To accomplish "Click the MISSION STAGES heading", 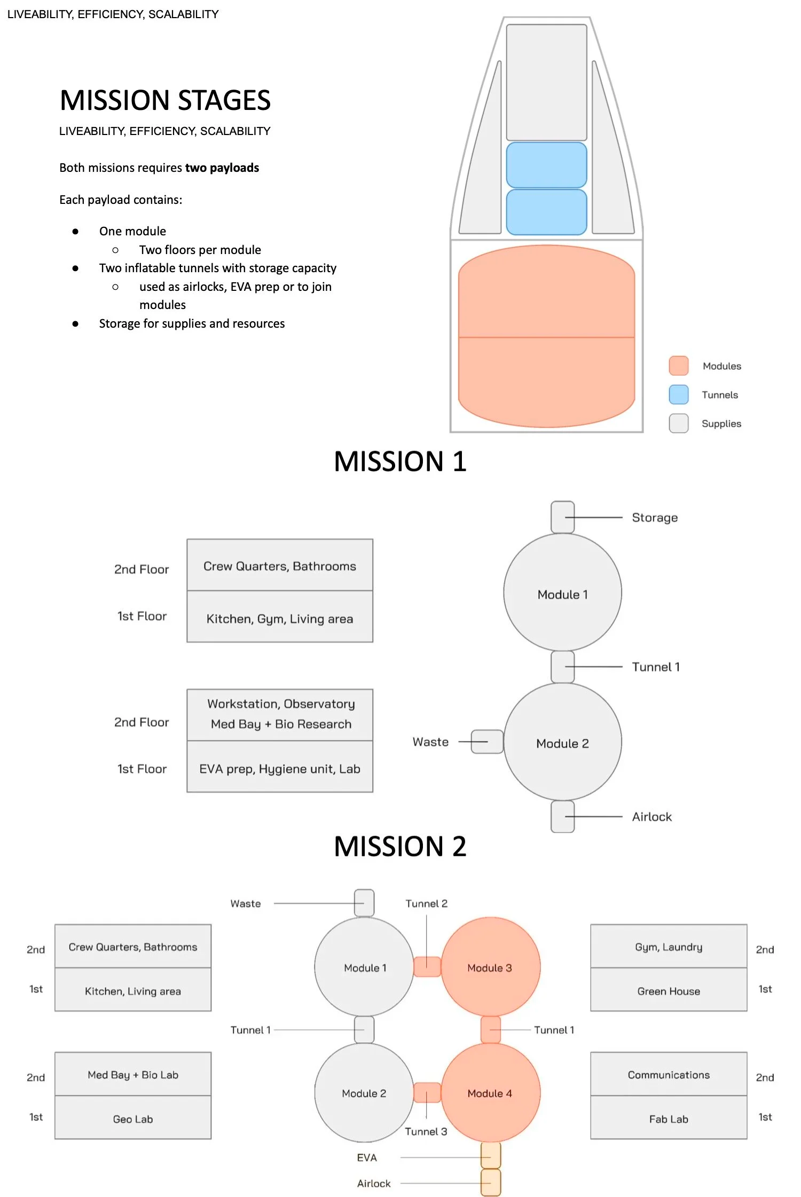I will [165, 100].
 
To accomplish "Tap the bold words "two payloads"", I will [222, 168].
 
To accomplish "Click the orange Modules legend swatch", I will [678, 366].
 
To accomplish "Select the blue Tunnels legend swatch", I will [678, 394].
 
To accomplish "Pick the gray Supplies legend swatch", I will [678, 423].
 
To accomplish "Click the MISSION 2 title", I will [400, 846].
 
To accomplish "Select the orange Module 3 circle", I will [490, 966].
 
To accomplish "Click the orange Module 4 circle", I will [490, 1092].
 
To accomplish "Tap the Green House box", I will [669, 990].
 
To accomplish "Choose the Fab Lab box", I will [669, 1119].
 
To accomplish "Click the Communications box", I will [669, 1074].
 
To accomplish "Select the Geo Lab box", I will [133, 1119].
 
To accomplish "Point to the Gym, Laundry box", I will [669, 946].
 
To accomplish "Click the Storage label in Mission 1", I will [655, 518].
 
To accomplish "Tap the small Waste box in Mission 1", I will [487, 742].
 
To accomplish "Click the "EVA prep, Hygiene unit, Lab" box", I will [280, 768].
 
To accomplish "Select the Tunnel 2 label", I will [426, 903].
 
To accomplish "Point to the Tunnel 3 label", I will [426, 1131].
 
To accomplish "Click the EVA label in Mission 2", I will [367, 1158].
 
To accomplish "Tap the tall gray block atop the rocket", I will [546, 83].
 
